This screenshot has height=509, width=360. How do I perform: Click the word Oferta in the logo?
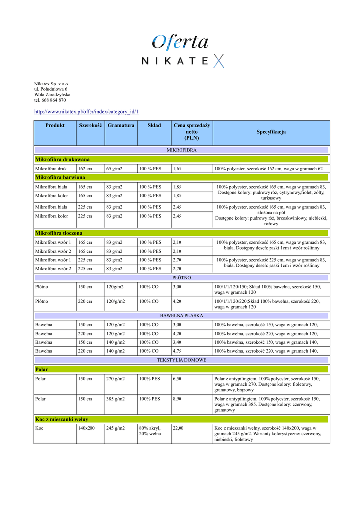pos(180,42)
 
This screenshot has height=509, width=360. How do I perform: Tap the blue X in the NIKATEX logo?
pos(219,61)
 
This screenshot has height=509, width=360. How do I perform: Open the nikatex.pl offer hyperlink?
pos(86,111)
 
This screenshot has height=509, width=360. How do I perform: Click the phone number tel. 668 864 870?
pos(50,100)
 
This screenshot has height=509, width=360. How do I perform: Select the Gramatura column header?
pos(121,126)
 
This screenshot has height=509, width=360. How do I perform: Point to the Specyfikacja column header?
pos(271,132)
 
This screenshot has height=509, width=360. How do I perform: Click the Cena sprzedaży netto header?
pos(191,132)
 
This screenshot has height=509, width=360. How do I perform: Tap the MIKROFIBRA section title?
pos(181,150)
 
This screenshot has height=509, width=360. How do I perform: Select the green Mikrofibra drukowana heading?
pos(63,159)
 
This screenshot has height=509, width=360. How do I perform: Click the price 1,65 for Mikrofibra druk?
pos(177,169)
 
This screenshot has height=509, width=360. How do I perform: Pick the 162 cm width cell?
pos(85,169)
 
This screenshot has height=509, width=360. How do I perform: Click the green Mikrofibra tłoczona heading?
pos(59,233)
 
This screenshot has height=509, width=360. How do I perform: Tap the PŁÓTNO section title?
pos(181,278)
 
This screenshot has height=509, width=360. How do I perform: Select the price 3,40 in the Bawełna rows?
pos(177,342)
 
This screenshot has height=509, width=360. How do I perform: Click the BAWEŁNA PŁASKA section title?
pos(181,315)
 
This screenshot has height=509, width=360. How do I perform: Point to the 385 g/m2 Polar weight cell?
pos(115,399)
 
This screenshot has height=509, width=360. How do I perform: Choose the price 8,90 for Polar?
pos(177,399)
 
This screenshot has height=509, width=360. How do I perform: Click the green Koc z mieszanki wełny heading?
pos(62,419)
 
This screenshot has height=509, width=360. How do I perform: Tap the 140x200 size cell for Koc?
pos(86,428)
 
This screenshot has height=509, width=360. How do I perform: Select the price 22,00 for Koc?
pos(178,428)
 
